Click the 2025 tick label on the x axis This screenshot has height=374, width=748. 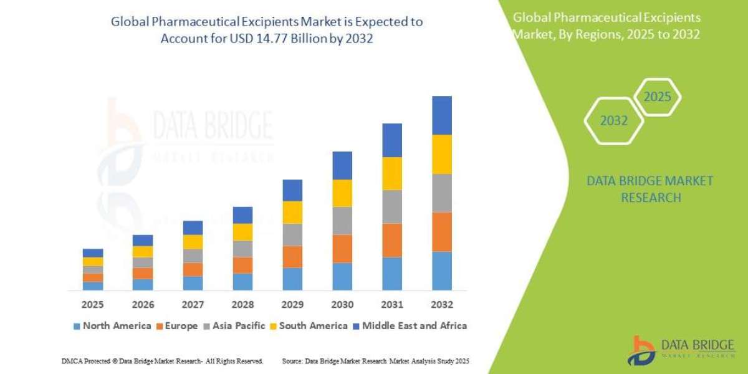(93, 305)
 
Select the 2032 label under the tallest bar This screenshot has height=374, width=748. (441, 305)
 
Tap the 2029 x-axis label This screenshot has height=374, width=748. (292, 305)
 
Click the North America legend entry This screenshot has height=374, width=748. (112, 325)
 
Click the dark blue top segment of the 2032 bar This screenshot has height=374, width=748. (441, 115)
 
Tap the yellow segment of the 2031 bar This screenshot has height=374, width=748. (392, 173)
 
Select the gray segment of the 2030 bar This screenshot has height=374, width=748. (342, 220)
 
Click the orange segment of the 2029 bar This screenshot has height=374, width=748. (292, 257)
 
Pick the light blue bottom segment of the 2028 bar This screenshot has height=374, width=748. (242, 282)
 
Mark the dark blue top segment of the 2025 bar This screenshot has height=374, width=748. (93, 253)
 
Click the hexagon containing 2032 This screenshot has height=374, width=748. (614, 121)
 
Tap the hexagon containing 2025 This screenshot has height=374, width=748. (657, 97)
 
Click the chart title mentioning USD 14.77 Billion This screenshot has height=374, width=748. (267, 30)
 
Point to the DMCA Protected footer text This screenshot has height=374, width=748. (163, 361)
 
